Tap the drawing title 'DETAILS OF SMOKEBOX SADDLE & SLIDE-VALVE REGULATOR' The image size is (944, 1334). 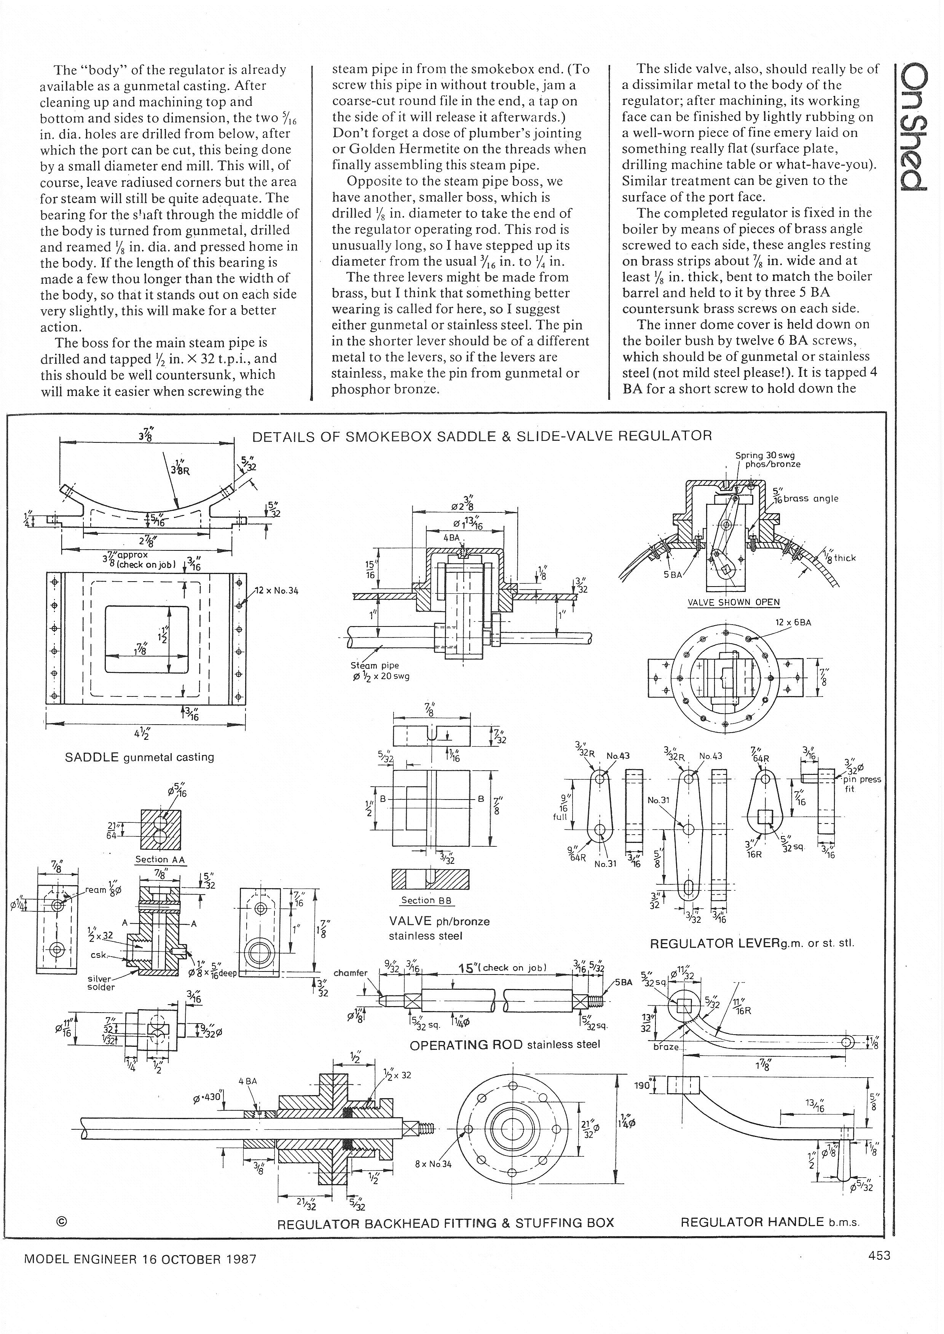coord(482,436)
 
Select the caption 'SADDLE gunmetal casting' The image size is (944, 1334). coord(140,757)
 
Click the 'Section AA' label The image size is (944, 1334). coord(160,859)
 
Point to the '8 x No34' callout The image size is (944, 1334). coord(433,1164)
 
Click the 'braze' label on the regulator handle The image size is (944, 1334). coord(666,1046)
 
